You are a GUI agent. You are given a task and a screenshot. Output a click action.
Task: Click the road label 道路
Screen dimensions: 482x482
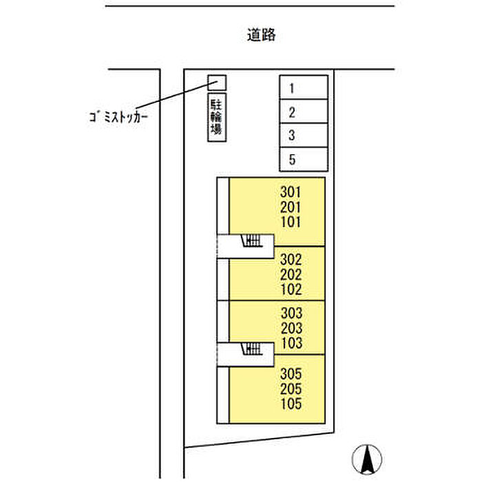tap(261, 34)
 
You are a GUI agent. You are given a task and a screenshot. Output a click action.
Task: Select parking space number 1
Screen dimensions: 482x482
tap(304, 87)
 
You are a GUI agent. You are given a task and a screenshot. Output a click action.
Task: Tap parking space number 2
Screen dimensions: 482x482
tap(304, 112)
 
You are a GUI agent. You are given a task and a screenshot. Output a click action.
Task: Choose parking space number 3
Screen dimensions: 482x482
tap(304, 135)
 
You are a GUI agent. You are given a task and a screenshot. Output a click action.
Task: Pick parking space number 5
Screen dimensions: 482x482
tap(304, 159)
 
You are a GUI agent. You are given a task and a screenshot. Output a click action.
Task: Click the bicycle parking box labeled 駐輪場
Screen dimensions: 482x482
tap(217, 117)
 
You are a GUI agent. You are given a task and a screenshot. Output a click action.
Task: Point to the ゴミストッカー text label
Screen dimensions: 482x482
tap(118, 117)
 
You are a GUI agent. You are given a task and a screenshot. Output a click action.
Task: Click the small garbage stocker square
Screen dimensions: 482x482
tap(217, 83)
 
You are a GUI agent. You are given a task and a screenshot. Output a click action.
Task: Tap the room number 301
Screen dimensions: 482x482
tap(291, 192)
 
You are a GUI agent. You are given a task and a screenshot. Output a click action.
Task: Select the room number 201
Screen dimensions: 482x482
tap(291, 207)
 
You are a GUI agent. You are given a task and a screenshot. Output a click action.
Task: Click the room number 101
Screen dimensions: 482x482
tap(291, 222)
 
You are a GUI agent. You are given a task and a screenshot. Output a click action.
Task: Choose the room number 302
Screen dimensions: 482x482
tap(291, 260)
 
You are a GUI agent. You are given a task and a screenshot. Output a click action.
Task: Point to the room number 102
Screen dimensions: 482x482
tap(291, 289)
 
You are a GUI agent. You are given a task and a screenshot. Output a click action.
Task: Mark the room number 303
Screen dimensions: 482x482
tap(291, 313)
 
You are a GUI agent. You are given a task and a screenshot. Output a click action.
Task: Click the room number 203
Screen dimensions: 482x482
tap(291, 328)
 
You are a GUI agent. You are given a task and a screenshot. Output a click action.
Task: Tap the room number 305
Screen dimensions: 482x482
tap(291, 374)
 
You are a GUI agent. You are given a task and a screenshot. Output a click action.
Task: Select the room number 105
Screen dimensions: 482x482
tap(291, 404)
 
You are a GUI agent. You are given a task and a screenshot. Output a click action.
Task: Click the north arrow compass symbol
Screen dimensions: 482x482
tap(367, 459)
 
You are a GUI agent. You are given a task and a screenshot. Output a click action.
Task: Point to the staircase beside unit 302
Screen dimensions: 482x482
tap(253, 241)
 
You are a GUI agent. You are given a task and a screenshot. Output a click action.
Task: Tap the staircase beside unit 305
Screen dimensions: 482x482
tap(252, 349)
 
